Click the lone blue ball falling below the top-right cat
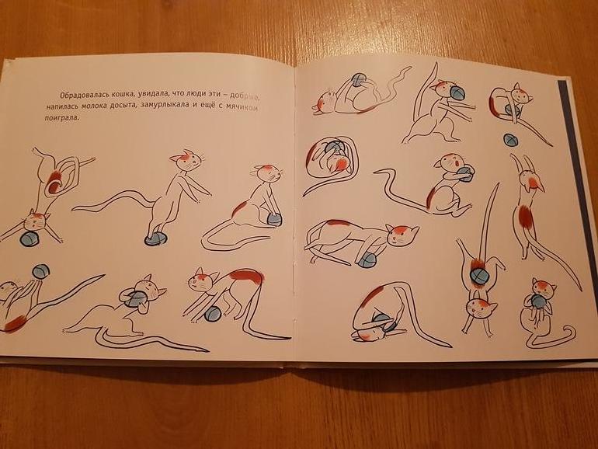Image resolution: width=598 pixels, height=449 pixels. coord(510,140)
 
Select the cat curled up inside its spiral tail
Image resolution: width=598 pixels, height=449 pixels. coord(331,157)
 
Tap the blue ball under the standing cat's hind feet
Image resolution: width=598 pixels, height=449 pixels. coord(155,239)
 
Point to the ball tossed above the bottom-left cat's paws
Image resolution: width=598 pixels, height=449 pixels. coord(41,272)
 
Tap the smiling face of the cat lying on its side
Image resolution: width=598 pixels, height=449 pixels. coord(401,235)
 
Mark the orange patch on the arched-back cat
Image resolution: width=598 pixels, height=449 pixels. coord(246,277)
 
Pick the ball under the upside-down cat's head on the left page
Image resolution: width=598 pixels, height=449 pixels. coord(30,238)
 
